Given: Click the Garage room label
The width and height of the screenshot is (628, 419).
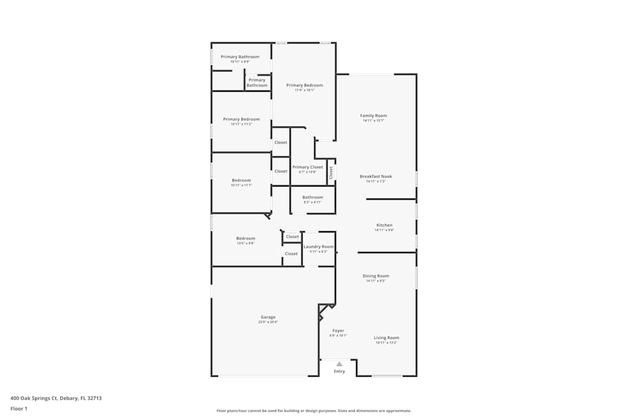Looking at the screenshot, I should click(268, 317).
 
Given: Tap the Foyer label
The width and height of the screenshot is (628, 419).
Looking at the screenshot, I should click(338, 330).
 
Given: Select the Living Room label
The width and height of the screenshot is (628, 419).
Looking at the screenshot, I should click(387, 338).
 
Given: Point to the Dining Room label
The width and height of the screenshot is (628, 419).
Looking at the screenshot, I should click(376, 276).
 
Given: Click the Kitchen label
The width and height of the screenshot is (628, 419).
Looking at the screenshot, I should click(384, 225).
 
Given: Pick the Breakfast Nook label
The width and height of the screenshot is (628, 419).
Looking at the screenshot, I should click(376, 177).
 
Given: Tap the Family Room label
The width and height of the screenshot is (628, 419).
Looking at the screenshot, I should click(373, 116).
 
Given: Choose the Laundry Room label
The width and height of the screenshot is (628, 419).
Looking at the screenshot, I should click(318, 247).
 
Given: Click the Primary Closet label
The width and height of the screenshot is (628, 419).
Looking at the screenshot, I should click(308, 167).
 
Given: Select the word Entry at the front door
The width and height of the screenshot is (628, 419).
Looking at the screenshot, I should click(339, 371).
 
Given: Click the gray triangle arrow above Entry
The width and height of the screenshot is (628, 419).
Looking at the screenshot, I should click(339, 364).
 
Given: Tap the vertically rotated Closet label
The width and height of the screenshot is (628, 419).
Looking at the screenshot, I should click(331, 173).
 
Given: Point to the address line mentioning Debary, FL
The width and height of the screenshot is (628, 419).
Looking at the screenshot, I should click(56, 398).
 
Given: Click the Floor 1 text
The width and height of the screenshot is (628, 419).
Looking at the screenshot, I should click(19, 408).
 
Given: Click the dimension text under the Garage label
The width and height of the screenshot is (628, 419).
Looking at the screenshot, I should click(268, 322).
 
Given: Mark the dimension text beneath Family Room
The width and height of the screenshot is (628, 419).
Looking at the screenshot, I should click(373, 121).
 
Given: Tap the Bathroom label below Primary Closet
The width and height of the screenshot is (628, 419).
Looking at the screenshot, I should click(312, 197).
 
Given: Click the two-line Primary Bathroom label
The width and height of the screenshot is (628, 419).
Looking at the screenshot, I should click(257, 83).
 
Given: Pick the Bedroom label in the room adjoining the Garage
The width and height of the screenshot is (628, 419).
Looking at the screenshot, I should click(246, 238).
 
